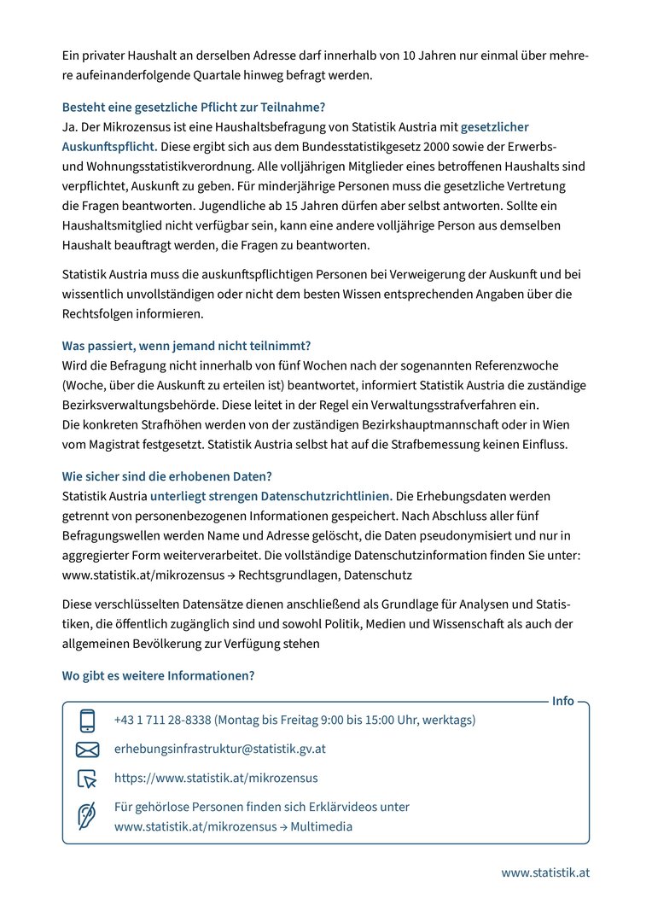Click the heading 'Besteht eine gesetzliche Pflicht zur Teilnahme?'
(x=194, y=108)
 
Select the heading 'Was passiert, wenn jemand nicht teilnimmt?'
(x=186, y=346)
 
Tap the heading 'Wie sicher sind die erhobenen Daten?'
(x=167, y=476)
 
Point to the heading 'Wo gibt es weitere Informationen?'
(x=158, y=675)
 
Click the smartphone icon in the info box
(x=87, y=721)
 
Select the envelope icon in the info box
(x=87, y=750)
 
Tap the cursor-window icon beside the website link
(x=87, y=779)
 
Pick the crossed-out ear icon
(x=87, y=817)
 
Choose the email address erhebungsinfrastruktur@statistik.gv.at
(x=219, y=749)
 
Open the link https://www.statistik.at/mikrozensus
(x=216, y=778)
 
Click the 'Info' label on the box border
(x=563, y=701)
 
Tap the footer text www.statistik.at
(x=544, y=872)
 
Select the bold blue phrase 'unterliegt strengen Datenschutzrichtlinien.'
(x=271, y=496)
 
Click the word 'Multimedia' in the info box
(x=322, y=826)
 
